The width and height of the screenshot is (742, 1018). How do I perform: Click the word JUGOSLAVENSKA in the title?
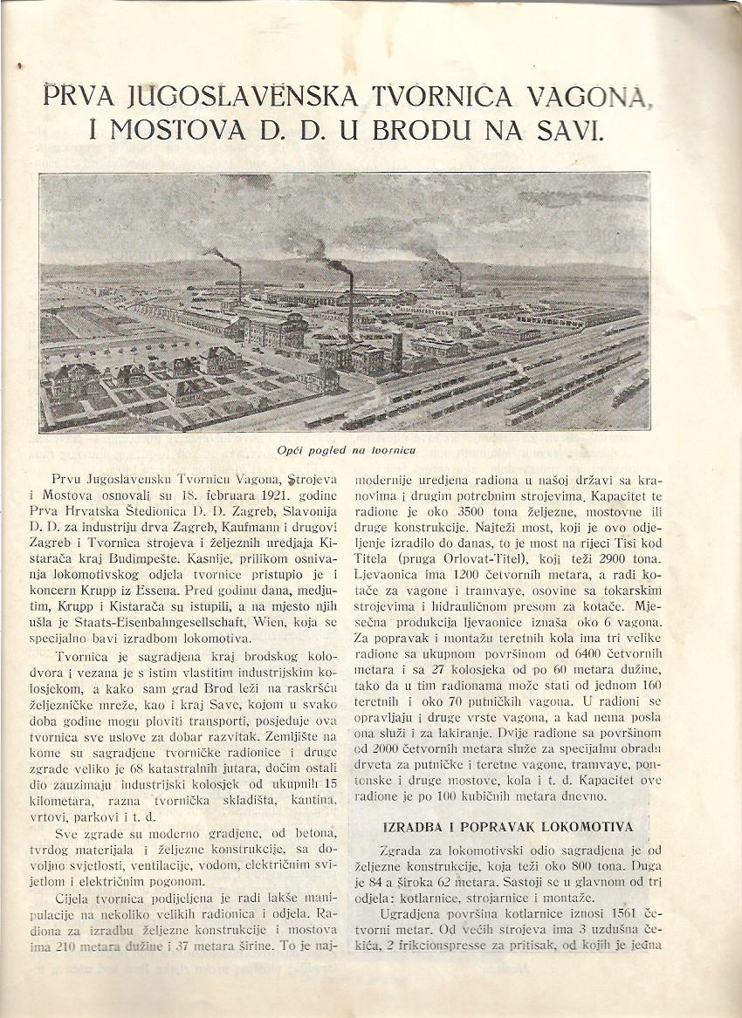coord(228,94)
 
